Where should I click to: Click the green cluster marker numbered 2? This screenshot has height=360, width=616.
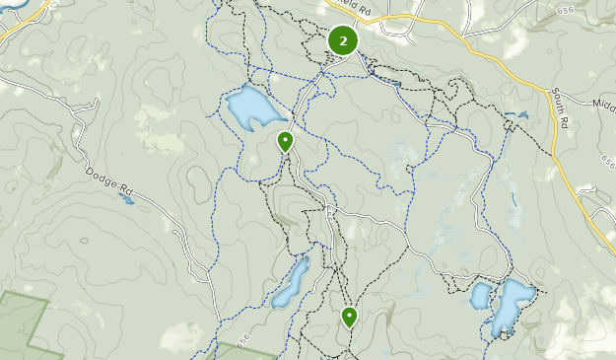pyautogui.click(x=342, y=40)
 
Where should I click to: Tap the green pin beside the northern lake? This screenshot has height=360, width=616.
pyautogui.click(x=285, y=141)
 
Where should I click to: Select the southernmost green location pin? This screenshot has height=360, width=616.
pyautogui.click(x=349, y=316)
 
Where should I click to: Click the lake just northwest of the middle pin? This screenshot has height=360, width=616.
pyautogui.click(x=251, y=107)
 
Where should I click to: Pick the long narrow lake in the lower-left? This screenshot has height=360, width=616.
pyautogui.click(x=292, y=283)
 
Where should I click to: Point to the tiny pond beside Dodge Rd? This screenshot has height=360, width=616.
pyautogui.click(x=126, y=199)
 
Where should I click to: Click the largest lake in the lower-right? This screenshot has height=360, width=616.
pyautogui.click(x=513, y=305)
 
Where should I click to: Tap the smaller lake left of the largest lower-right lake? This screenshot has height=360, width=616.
pyautogui.click(x=482, y=295)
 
